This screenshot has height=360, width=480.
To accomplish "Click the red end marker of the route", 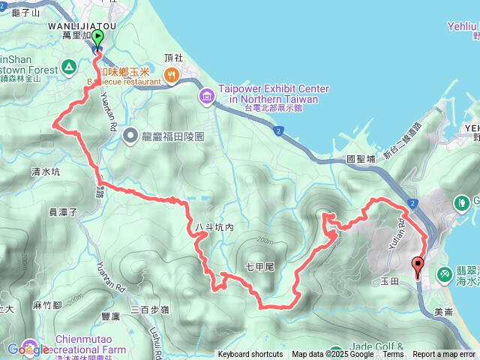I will [417, 265].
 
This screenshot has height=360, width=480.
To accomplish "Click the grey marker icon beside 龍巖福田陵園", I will [130, 136].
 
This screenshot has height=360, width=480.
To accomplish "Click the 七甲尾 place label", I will [260, 266].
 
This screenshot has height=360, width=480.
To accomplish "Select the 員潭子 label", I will [63, 212].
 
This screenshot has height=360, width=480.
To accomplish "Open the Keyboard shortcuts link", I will [250, 355].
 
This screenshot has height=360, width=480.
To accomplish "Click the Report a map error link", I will [445, 355].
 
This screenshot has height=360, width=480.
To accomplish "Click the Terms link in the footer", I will [393, 355].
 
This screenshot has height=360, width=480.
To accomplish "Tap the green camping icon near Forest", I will [68, 66].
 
